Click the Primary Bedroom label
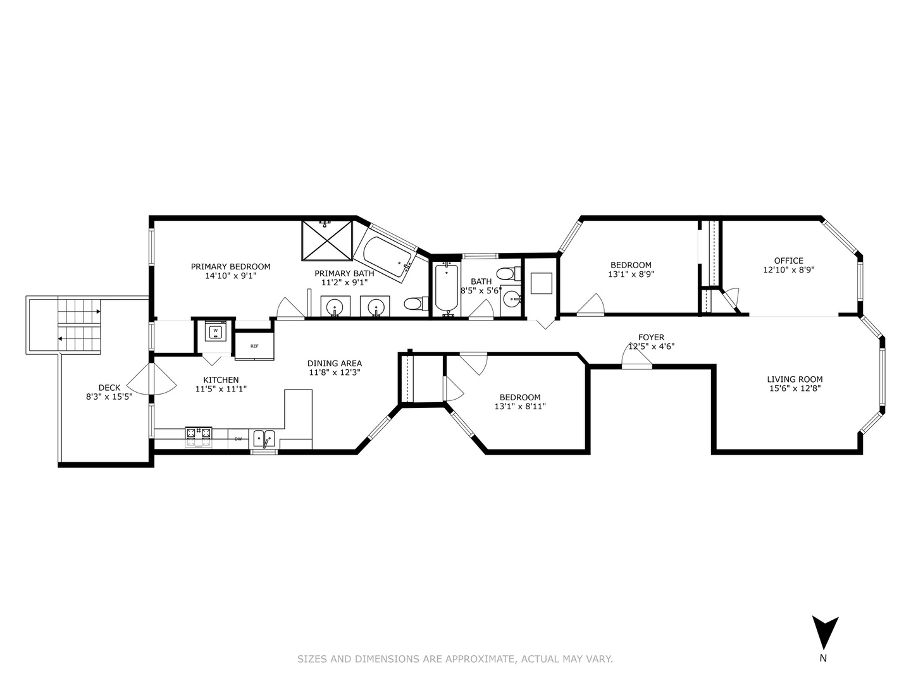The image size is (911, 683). pyautogui.click(x=230, y=266)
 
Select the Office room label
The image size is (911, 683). pyautogui.click(x=788, y=261)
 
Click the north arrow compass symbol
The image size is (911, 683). pyautogui.click(x=825, y=633)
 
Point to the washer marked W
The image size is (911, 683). pyautogui.click(x=216, y=331)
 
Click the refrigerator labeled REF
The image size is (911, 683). pyautogui.click(x=254, y=346)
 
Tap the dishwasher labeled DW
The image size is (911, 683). pyautogui.click(x=239, y=438)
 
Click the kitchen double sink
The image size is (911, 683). pyautogui.click(x=264, y=437)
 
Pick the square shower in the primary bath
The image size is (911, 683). pyautogui.click(x=326, y=240)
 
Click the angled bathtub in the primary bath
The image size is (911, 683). pyautogui.click(x=384, y=256)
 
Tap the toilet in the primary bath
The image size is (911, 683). pyautogui.click(x=412, y=304)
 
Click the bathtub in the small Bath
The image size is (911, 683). pyautogui.click(x=446, y=288)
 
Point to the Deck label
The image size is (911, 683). pyautogui.click(x=109, y=388)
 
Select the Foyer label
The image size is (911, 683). pyautogui.click(x=651, y=337)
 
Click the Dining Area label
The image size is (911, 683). pyautogui.click(x=335, y=363)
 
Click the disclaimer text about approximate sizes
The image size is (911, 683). pyautogui.click(x=455, y=659)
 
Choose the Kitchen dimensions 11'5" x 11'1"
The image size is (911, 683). pyautogui.click(x=221, y=390)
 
